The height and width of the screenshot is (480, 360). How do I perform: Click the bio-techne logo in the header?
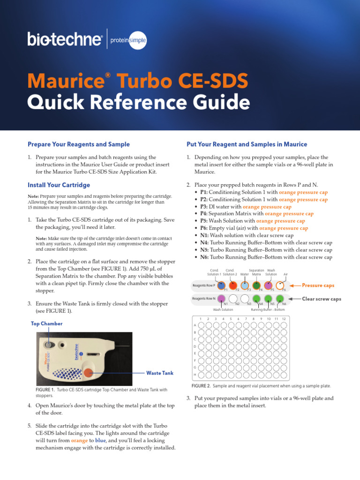[65, 39]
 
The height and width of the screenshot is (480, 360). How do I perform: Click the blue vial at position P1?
[222, 285]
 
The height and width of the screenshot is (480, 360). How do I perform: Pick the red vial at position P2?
[233, 285]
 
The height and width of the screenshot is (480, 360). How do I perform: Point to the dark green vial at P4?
[256, 285]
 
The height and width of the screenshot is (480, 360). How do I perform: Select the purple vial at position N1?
[222, 299]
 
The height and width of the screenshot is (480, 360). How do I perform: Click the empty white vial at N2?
[233, 299]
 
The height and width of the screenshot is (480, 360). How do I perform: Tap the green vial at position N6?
[280, 299]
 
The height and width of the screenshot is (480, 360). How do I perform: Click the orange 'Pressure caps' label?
[318, 285]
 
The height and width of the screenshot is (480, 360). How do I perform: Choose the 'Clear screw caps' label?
[321, 299]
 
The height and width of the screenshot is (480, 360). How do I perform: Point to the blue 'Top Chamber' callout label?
[46, 323]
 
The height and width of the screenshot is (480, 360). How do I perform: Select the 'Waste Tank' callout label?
[160, 373]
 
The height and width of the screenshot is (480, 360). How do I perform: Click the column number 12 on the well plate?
[284, 319]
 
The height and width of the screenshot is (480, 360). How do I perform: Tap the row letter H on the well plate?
[195, 375]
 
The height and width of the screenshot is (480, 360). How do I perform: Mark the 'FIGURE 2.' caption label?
[201, 386]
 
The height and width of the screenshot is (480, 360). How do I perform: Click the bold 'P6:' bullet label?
[204, 228]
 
